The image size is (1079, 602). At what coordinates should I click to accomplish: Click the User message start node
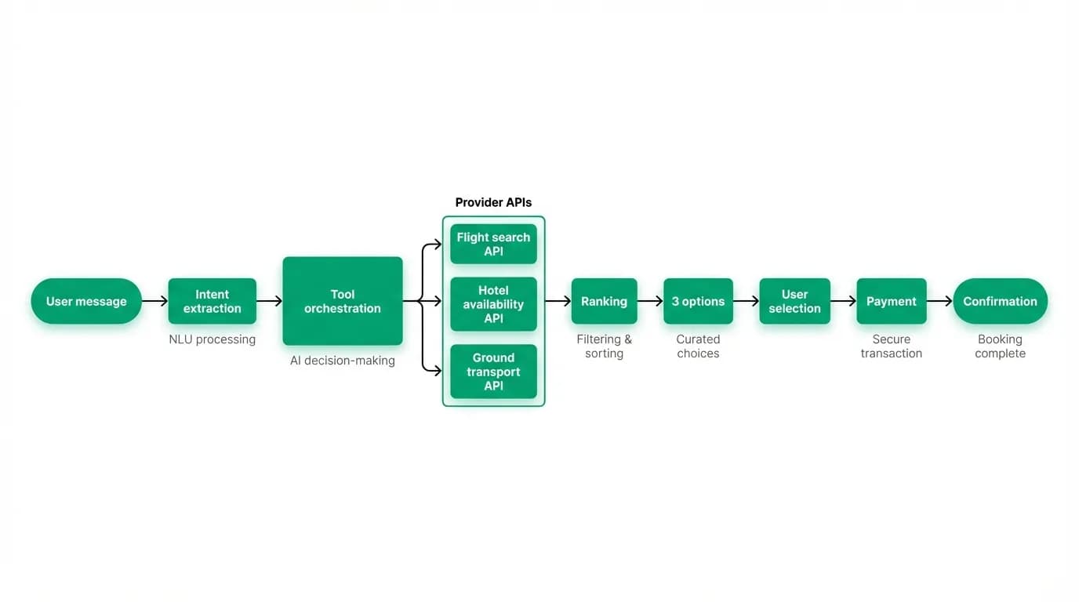coord(86,301)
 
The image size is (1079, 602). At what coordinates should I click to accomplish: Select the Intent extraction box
coord(212,301)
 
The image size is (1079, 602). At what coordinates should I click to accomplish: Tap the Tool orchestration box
coord(343,301)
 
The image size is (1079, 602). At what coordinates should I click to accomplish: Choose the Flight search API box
coord(493,245)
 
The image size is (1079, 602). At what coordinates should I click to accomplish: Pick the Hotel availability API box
coord(493,304)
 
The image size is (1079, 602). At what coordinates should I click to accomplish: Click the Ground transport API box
coord(493,372)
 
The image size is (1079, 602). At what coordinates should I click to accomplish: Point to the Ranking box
coord(604,301)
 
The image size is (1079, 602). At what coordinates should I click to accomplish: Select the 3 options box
coord(698,301)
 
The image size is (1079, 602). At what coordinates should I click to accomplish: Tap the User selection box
coord(795,301)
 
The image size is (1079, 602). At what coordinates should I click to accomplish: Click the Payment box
coord(892,301)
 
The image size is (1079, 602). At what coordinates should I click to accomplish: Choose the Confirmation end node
coord(1000,301)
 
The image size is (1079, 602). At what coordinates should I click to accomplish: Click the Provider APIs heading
coord(493,202)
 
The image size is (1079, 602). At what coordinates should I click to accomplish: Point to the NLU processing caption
coord(212,339)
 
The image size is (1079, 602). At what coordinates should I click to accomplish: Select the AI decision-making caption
coord(343,361)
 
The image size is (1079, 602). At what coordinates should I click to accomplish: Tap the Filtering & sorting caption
coord(604,346)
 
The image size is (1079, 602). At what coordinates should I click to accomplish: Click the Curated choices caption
coord(698,346)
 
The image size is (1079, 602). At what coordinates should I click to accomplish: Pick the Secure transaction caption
coord(892,346)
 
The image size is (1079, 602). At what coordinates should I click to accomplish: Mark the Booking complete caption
coord(1000,346)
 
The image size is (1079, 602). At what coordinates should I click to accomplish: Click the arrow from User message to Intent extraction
coord(154,301)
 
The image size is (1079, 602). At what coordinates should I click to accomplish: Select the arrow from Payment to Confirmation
coord(939,301)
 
